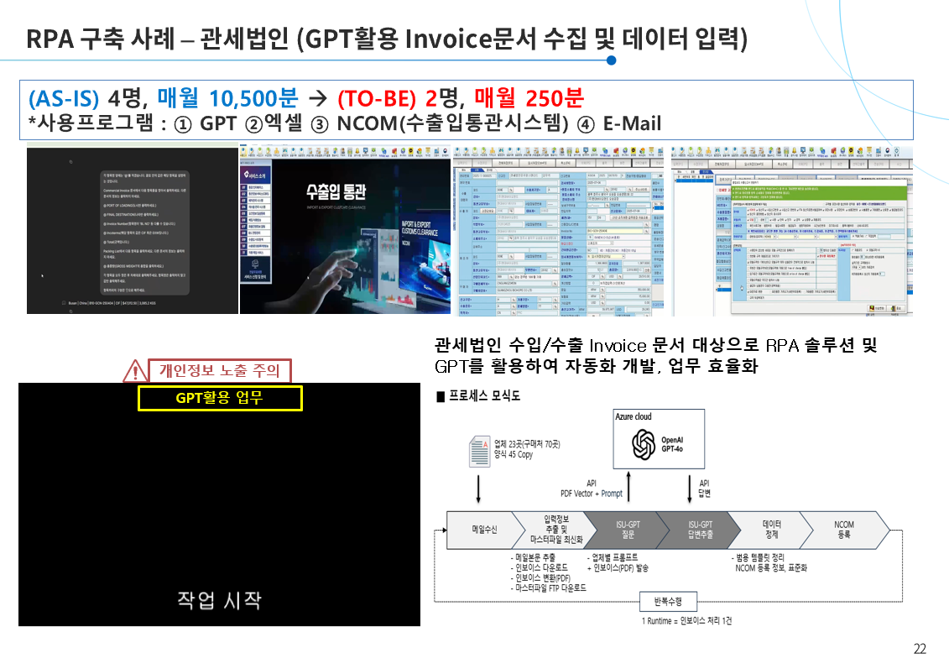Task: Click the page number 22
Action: [920, 648]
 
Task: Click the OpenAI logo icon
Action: [644, 445]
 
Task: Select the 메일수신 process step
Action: [484, 530]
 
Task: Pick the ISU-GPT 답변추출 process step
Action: [696, 530]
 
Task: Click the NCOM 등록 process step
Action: [843, 530]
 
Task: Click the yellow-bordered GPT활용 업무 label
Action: [220, 397]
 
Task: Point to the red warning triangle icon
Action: [134, 369]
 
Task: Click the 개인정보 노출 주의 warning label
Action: [220, 370]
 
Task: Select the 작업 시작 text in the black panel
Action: [219, 599]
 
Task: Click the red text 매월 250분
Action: [529, 97]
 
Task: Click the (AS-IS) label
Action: [64, 97]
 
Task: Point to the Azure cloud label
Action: [634, 417]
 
